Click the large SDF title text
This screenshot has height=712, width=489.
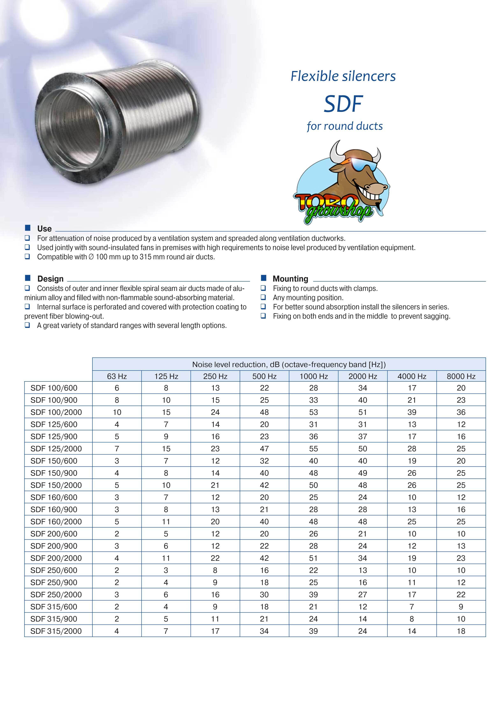[343, 104]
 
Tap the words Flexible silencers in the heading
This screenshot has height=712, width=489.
[343, 76]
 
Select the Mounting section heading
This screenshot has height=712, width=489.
[290, 278]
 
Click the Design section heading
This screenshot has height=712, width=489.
[50, 278]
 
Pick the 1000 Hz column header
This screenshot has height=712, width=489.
[313, 376]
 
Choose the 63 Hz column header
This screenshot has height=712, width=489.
[117, 376]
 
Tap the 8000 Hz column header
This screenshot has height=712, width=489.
[461, 376]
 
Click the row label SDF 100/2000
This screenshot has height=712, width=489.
[56, 412]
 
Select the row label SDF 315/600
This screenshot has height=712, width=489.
[54, 607]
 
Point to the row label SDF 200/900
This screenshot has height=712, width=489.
[54, 546]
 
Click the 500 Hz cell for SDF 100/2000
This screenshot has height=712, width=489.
[264, 412]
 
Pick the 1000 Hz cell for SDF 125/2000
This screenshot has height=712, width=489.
[313, 449]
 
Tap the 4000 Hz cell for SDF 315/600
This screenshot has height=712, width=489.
[412, 607]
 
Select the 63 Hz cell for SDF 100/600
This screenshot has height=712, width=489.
[117, 388]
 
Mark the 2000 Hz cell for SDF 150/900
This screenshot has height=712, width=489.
[362, 473]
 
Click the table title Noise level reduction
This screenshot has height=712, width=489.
[289, 364]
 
